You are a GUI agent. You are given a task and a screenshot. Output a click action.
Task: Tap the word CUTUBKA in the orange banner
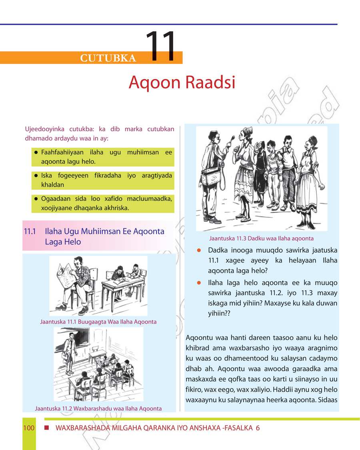[x=108, y=58]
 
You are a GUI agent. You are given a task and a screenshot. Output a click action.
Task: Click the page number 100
[x=29, y=428]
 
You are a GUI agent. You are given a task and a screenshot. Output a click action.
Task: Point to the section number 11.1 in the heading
[x=30, y=232]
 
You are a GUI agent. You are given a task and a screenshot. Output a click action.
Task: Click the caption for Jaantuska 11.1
[x=98, y=322]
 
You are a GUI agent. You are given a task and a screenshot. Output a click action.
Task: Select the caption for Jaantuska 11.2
[x=98, y=408]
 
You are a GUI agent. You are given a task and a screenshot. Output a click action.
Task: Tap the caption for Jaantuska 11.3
[x=261, y=239]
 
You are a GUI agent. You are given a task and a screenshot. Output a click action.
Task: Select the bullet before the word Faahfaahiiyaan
[x=36, y=153]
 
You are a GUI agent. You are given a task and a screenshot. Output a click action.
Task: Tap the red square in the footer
[x=46, y=428]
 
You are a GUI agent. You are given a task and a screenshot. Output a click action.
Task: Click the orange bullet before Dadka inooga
[x=198, y=250]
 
